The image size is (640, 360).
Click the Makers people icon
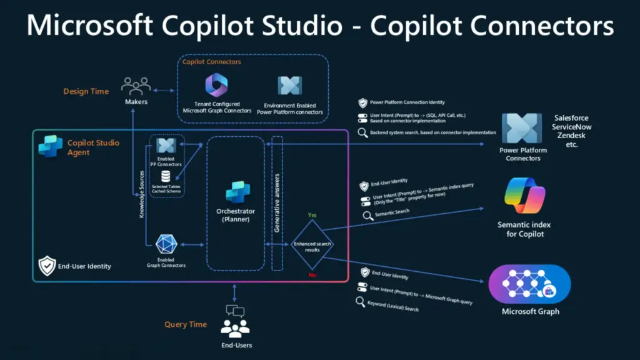pos(136,86)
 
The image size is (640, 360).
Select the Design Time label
pos(86,91)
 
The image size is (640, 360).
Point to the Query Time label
pos(186,324)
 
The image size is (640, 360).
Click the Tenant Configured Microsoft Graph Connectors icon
pos(216,85)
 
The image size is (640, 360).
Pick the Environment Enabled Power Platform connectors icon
pos(289,86)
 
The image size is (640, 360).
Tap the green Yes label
pos(312,215)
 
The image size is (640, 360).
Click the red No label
pos(312,275)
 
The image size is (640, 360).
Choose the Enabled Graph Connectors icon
pos(166,245)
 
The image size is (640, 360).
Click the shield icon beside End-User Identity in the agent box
pos(47,266)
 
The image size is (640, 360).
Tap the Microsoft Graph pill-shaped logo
pos(529,284)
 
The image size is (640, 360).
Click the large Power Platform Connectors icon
pos(522,128)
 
